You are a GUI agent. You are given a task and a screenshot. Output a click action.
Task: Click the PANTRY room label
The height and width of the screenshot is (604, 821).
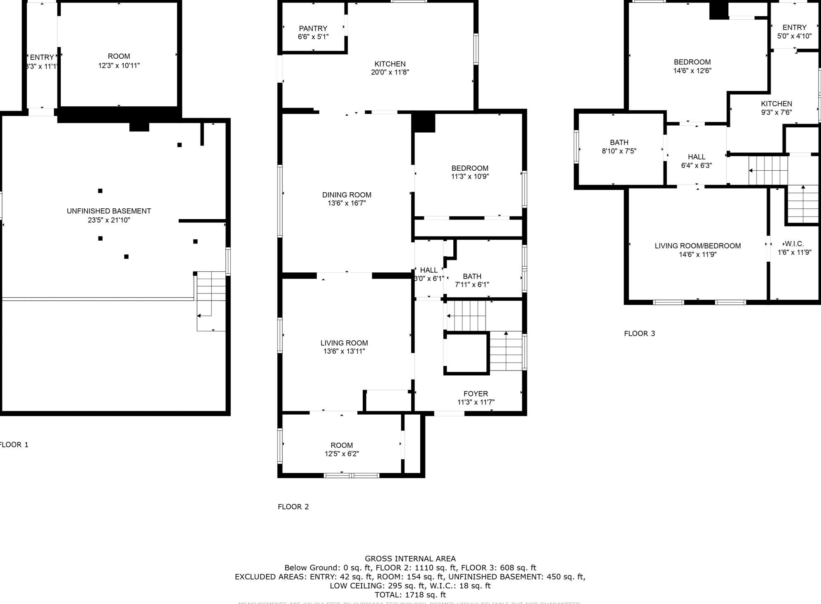313,28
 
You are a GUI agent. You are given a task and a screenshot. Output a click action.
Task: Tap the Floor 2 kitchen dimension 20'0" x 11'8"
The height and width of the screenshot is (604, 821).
390,72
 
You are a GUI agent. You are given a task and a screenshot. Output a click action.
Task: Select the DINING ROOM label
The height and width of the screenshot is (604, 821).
347,195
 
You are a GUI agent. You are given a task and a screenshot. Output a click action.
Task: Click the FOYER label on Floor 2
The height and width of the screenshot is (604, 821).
476,394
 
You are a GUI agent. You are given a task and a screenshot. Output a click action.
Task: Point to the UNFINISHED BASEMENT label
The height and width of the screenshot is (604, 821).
109,211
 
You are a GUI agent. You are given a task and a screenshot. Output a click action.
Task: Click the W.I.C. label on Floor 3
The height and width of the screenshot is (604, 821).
794,244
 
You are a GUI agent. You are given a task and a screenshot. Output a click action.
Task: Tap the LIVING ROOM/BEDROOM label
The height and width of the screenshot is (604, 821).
697,246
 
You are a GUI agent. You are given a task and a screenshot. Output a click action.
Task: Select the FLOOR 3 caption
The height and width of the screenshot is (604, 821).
639,334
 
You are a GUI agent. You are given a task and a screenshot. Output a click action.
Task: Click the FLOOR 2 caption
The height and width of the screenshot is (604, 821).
293,507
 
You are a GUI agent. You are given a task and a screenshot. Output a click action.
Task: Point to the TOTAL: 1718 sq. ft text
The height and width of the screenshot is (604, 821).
410,595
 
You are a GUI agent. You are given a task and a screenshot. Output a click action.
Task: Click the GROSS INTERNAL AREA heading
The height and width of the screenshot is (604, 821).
410,559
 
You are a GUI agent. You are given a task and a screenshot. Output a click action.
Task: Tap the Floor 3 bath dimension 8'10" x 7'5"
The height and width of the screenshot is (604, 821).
619,151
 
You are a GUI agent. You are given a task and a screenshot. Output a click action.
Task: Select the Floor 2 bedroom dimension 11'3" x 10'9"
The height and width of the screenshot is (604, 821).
470,177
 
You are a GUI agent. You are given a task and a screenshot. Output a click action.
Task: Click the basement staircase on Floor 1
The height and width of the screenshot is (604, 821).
211,300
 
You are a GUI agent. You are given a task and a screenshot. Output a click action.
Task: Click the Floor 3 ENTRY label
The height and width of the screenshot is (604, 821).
794,27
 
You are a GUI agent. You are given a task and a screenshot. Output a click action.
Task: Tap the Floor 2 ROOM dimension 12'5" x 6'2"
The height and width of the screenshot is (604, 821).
342,454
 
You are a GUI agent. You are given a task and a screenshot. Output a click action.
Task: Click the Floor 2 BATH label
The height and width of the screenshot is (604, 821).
472,276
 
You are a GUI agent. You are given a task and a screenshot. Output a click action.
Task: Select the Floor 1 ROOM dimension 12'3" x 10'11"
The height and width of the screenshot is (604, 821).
119,65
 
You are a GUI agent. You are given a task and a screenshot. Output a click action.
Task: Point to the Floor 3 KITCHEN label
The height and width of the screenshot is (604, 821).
776,104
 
